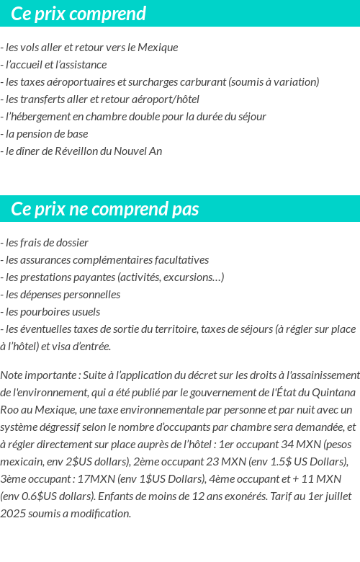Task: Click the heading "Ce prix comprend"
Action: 78,14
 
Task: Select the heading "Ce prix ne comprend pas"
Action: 105,209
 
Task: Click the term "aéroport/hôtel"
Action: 165,99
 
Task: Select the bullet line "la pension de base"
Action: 46,133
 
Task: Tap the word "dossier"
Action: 71,242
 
